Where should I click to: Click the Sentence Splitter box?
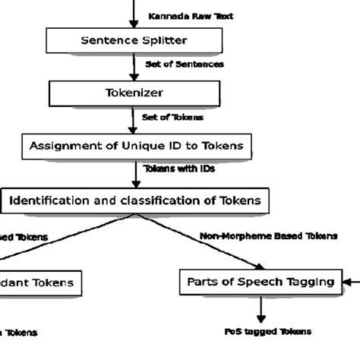(134, 40)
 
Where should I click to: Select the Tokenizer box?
(134, 93)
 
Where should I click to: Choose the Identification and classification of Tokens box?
(134, 201)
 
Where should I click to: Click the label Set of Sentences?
(185, 65)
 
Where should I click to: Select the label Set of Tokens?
(172, 117)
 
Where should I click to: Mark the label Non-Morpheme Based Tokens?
(268, 236)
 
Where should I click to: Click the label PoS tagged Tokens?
(268, 331)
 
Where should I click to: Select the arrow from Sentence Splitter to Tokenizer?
(134, 67)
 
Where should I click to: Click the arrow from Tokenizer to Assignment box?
(134, 119)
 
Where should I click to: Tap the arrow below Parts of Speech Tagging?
(261, 310)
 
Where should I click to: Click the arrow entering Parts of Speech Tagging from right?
(351, 283)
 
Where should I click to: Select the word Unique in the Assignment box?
(143, 145)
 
